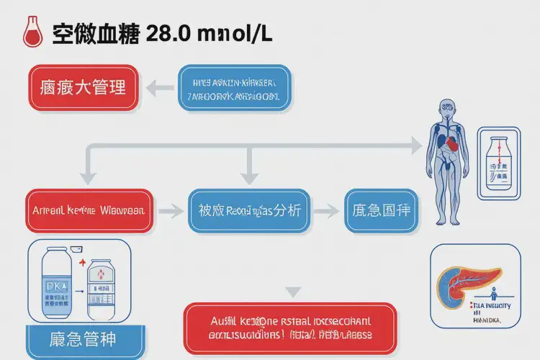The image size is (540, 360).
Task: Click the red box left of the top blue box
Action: pos(82,87)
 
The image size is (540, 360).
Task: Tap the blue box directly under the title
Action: pos(235,87)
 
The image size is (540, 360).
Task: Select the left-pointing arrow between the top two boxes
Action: pos(160,87)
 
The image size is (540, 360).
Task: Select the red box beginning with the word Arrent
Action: pos(89,211)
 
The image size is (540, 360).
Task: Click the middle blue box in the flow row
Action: pos(249,211)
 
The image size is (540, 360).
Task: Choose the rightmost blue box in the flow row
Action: pos(381,211)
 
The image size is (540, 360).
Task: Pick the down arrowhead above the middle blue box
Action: pos(249,176)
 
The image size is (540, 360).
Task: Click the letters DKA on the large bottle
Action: pos(55,286)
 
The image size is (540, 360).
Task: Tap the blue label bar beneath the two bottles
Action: pos(84,341)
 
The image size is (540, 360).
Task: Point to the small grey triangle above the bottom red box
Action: pos(293,292)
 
